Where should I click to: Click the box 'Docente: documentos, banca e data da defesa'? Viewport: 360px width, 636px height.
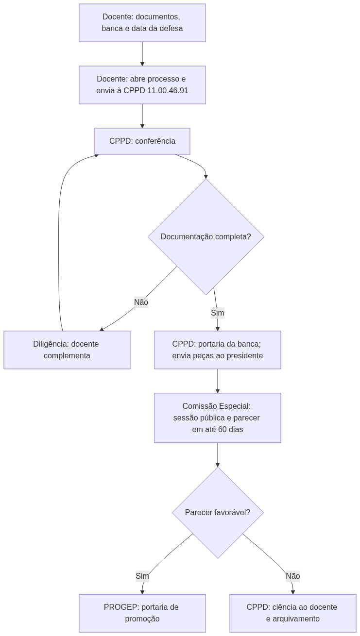pos(142,23)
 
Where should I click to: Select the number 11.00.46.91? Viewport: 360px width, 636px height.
pos(168,91)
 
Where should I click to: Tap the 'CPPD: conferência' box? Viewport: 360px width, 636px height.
pos(142,141)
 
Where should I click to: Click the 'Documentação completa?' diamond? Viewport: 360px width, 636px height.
pos(206,236)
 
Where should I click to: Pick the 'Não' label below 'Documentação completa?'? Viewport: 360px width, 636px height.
pos(141,302)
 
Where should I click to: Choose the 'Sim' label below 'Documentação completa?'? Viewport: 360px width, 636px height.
pos(218,313)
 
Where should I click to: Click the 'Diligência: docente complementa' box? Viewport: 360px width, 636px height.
pos(67,350)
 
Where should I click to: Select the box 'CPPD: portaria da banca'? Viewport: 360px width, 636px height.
pos(218,350)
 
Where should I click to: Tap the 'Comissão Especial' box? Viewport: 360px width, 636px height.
pos(218,418)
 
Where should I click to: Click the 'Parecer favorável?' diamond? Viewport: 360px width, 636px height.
pos(218,512)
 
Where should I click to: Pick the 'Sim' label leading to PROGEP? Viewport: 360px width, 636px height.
pos(142,576)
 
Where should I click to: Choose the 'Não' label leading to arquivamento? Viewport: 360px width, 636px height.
pos(292,576)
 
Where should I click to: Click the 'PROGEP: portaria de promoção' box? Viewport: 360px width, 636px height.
pos(142,613)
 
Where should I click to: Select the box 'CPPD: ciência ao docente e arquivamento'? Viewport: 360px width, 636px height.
pos(292,613)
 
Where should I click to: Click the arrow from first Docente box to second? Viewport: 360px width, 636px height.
pos(142,54)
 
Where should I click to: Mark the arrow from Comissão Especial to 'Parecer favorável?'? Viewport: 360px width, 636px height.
pos(218,454)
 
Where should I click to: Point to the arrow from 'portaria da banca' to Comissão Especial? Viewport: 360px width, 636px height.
pos(218,381)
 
